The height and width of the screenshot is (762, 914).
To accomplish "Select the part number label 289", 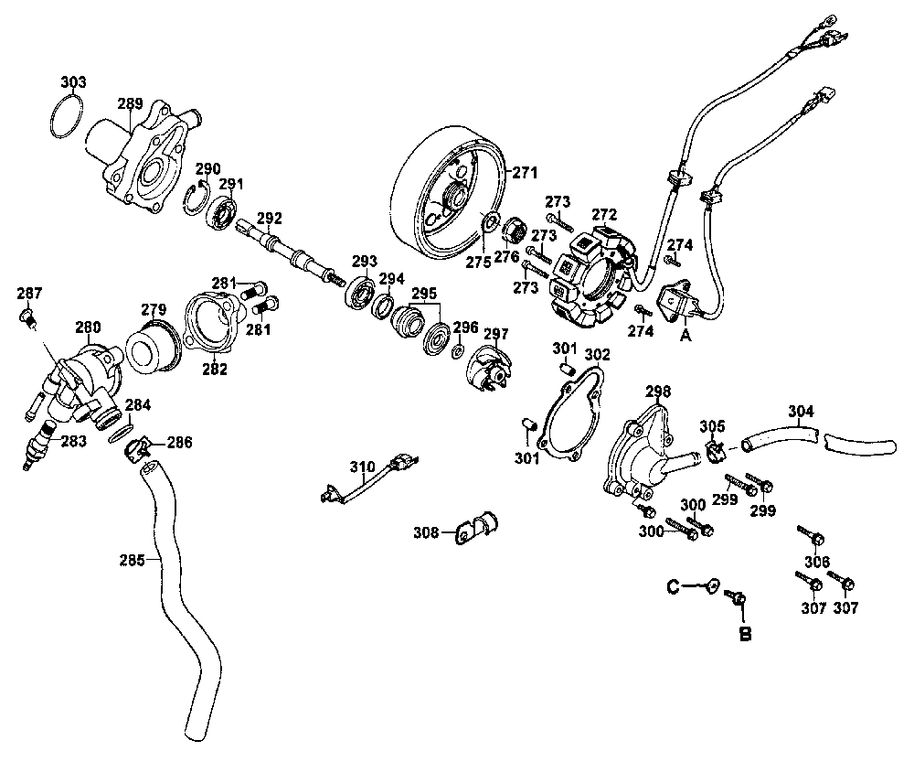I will click(131, 103).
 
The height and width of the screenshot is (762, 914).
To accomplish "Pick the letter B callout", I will click(745, 633).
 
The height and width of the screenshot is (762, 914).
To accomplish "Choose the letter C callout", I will click(672, 585).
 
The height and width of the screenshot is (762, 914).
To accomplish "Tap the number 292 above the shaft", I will click(270, 218).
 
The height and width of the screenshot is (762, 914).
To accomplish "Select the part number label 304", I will click(800, 412).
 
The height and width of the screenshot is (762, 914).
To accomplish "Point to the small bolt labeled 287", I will click(28, 317).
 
